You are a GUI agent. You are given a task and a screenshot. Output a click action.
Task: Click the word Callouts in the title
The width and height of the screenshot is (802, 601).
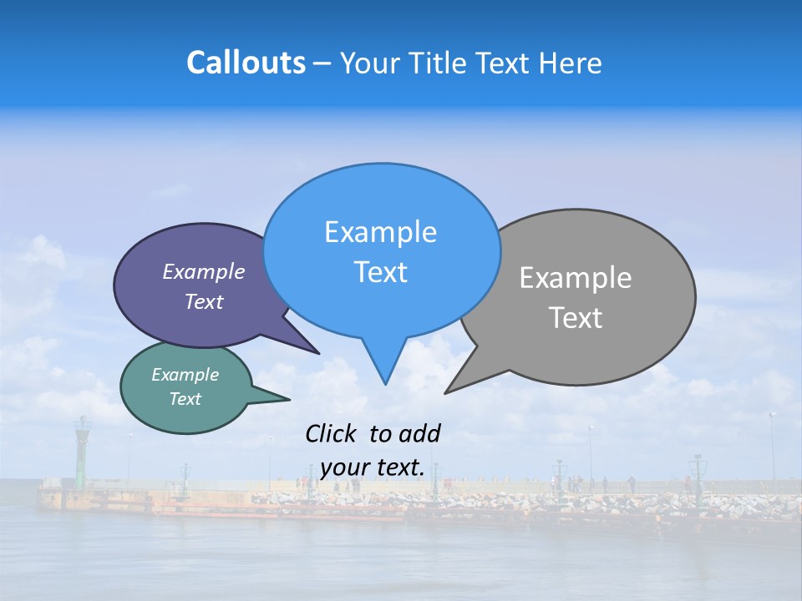pyautogui.click(x=246, y=63)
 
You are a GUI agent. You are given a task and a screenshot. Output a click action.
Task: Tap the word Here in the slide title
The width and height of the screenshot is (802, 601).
pyautogui.click(x=570, y=63)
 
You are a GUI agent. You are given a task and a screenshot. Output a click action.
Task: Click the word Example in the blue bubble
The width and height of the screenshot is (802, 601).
pyautogui.click(x=380, y=232)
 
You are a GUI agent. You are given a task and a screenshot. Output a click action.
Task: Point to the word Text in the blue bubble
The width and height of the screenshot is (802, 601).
pyautogui.click(x=380, y=272)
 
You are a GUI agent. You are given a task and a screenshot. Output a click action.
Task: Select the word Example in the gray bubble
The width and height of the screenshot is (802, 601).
pyautogui.click(x=576, y=278)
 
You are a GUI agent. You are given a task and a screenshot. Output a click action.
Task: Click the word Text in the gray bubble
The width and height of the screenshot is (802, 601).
pyautogui.click(x=576, y=318)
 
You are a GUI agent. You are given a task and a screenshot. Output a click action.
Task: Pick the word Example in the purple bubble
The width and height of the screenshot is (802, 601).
pyautogui.click(x=204, y=271)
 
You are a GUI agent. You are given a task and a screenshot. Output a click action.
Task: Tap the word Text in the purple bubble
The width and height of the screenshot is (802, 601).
pyautogui.click(x=204, y=301)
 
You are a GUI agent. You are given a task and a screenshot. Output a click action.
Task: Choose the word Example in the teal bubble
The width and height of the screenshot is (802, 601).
pyautogui.click(x=185, y=375)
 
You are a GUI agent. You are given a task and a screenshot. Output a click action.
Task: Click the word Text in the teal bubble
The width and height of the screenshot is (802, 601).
pyautogui.click(x=185, y=399)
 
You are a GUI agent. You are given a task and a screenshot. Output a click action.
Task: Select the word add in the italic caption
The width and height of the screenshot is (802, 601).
pyautogui.click(x=419, y=433)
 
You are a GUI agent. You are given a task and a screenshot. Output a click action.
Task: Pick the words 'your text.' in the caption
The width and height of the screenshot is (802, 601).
pyautogui.click(x=373, y=467)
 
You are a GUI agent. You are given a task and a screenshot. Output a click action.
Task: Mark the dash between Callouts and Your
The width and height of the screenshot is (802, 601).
pyautogui.click(x=322, y=63)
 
